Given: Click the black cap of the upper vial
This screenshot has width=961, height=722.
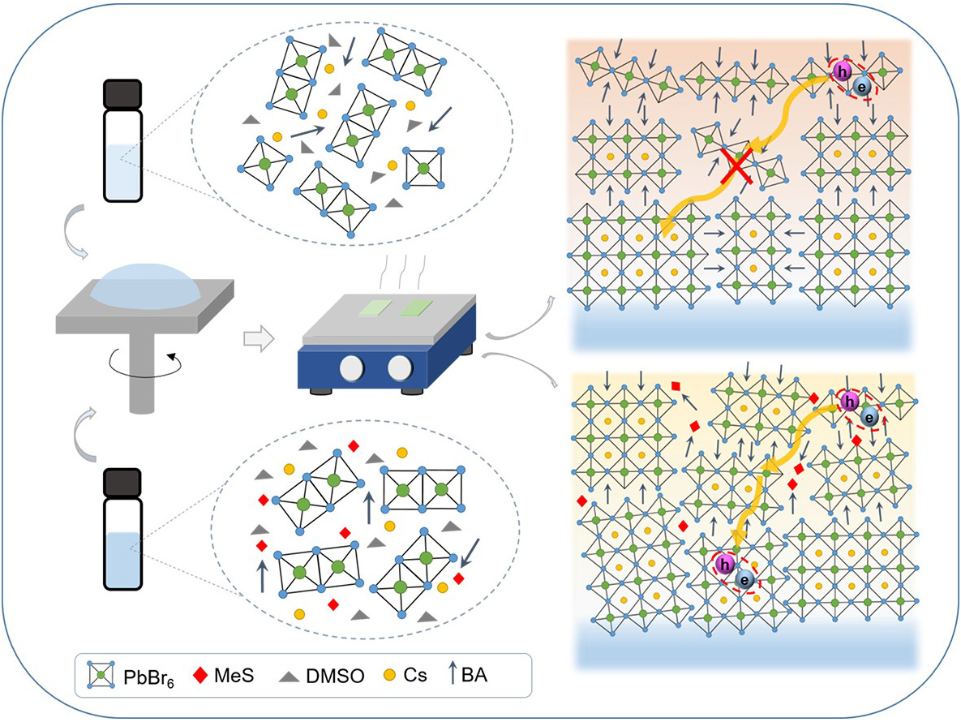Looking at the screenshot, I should pos(123,93).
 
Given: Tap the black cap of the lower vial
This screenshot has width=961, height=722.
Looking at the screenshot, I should pos(123,483).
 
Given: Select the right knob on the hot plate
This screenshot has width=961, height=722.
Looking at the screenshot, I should pos(401,369).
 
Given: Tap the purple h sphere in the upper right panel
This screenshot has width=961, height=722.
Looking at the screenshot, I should pos(842,73).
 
